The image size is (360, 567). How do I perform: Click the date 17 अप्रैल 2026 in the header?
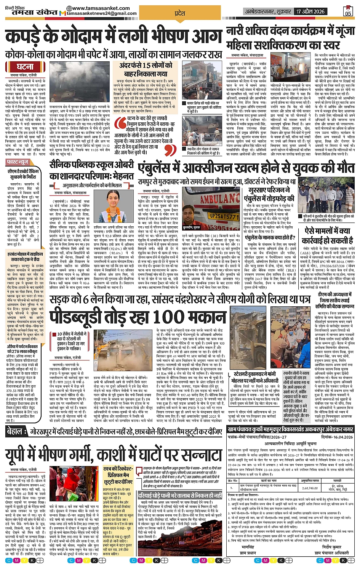click(x=311, y=11)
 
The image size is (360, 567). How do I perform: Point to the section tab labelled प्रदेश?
click(x=180, y=13)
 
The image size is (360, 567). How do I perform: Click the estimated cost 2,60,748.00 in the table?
click(x=309, y=488)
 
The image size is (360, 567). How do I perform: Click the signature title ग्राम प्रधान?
click(x=248, y=553)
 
